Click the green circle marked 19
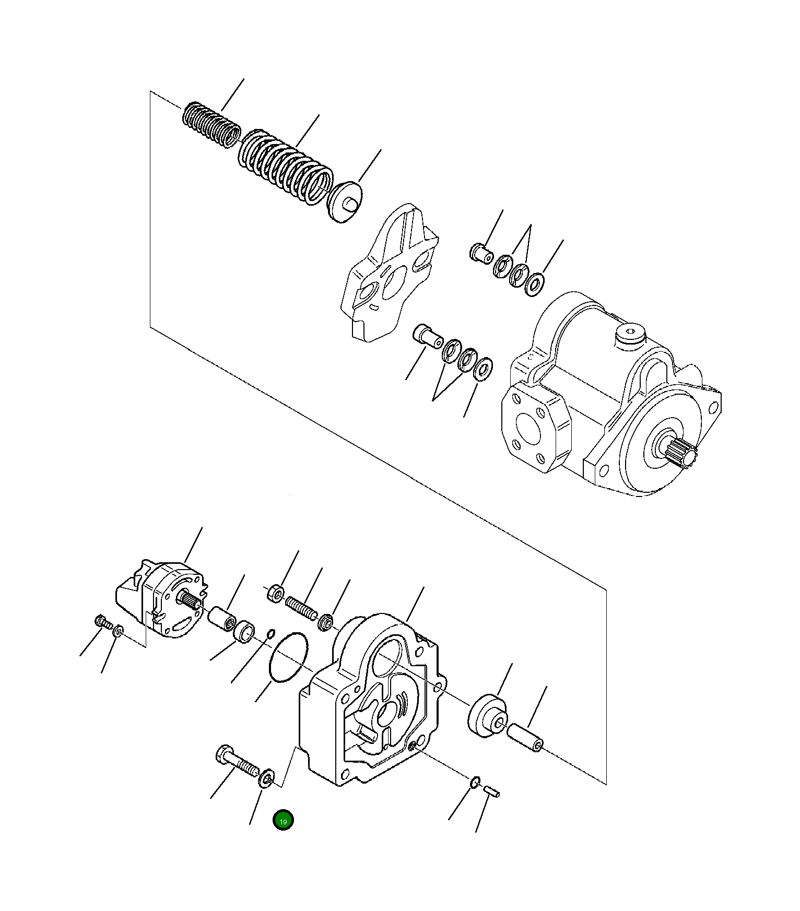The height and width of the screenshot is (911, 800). point(283,820)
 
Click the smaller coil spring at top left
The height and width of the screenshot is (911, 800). point(211,126)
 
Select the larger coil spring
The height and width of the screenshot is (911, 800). point(286,165)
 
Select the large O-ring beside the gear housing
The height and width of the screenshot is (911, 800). point(288,658)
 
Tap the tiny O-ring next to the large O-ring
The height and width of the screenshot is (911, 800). point(270,634)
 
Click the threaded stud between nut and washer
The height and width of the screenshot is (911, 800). point(301,609)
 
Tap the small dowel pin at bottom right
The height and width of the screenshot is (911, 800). point(491,791)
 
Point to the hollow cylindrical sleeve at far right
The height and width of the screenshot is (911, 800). point(525,737)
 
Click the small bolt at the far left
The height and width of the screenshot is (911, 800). point(102,622)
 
